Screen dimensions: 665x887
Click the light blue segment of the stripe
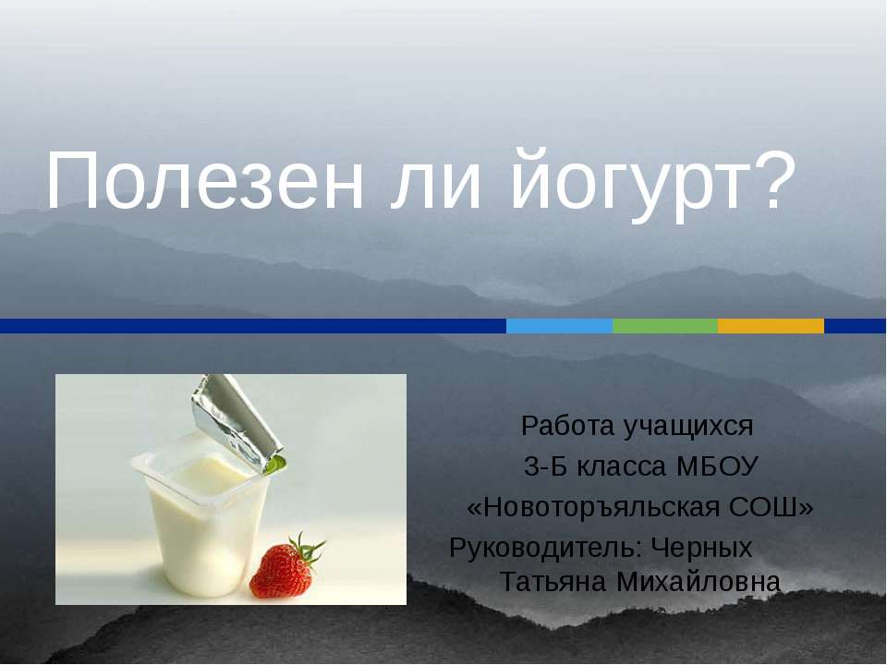559,326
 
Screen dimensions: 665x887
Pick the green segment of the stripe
664,326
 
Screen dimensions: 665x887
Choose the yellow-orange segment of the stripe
770,326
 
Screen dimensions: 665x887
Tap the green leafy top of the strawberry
306,549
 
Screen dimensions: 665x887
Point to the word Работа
567,427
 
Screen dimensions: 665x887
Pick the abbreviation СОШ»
775,508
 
